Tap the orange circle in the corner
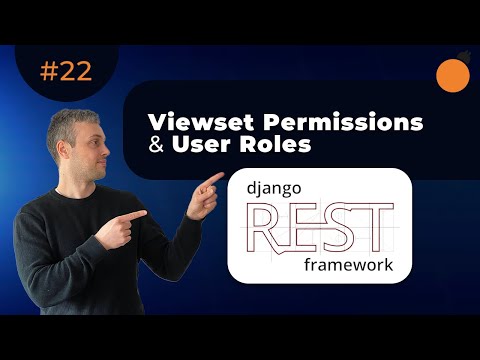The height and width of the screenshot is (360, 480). (x=455, y=74)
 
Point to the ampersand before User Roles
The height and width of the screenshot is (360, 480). (x=155, y=145)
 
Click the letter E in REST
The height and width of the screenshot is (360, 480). (x=304, y=226)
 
